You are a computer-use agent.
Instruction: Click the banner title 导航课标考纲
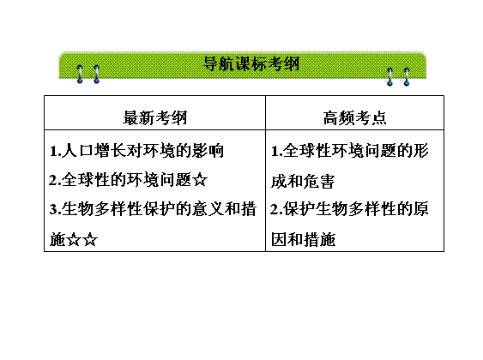(x=251, y=63)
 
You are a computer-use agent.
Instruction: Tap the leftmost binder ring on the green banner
(x=80, y=75)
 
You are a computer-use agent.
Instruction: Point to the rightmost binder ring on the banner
(x=407, y=76)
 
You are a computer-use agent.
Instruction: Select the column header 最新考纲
(x=155, y=117)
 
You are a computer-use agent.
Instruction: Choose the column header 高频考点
(x=355, y=117)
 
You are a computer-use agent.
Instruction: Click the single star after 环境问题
(x=200, y=180)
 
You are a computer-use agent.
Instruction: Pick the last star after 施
(x=90, y=239)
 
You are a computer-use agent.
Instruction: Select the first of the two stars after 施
(x=74, y=239)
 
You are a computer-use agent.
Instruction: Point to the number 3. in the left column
(x=55, y=209)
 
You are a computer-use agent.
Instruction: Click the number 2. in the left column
(x=55, y=180)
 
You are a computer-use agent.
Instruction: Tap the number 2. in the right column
(x=276, y=209)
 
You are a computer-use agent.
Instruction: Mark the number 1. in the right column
(x=276, y=151)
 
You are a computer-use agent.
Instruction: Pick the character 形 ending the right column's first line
(x=420, y=151)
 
